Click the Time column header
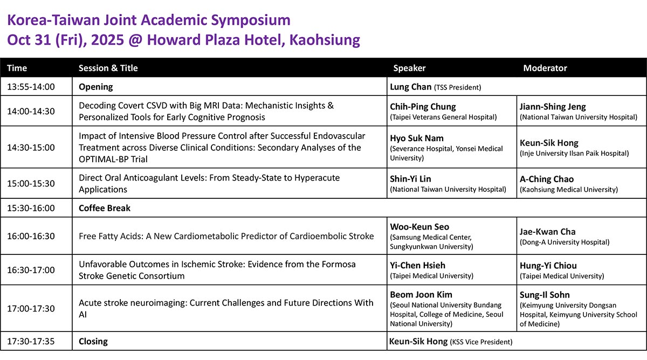pos(17,68)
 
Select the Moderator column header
pos(545,68)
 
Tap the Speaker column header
pos(409,68)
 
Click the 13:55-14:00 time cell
pos(31,87)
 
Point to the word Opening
pos(96,87)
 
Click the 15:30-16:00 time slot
pos(31,208)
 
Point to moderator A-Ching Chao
pos(547,179)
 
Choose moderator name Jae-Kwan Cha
pos(548,232)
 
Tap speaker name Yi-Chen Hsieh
pos(418,265)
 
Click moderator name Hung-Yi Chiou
pos(548,265)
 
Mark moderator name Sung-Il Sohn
pos(545,295)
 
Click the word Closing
pos(93,341)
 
